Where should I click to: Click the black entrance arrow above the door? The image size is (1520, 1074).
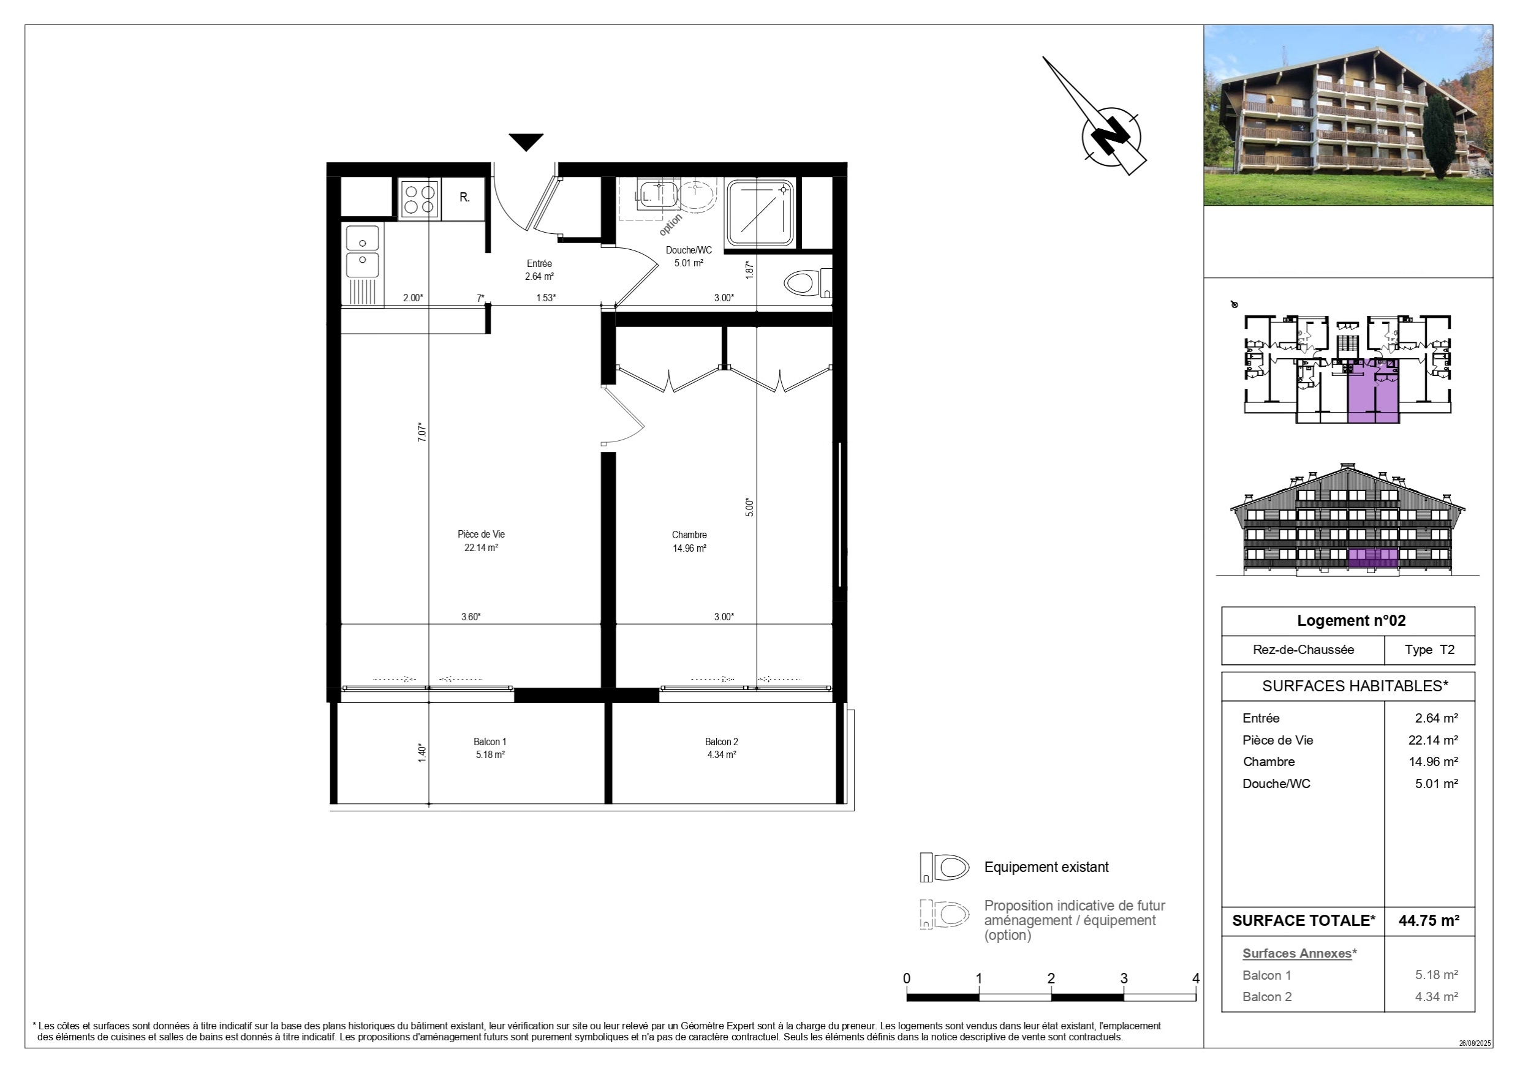pyautogui.click(x=526, y=141)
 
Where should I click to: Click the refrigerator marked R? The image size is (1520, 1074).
pyautogui.click(x=464, y=198)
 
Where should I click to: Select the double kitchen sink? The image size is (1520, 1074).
pyautogui.click(x=363, y=252)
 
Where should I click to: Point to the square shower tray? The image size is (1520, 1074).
pyautogui.click(x=760, y=212)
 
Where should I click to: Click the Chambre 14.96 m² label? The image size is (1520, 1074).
pyautogui.click(x=689, y=541)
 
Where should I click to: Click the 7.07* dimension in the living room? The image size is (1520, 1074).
pyautogui.click(x=422, y=432)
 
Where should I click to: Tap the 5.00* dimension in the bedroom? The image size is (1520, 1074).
pyautogui.click(x=749, y=507)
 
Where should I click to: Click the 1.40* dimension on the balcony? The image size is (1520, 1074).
pyautogui.click(x=422, y=753)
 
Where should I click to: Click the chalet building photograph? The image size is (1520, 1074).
pyautogui.click(x=1348, y=115)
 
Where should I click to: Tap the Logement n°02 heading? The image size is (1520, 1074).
pyautogui.click(x=1351, y=621)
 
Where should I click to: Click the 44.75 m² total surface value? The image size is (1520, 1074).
pyautogui.click(x=1429, y=920)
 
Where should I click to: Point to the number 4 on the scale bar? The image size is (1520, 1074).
pyautogui.click(x=1196, y=978)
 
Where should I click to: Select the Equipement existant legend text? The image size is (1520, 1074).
pyautogui.click(x=1046, y=867)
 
